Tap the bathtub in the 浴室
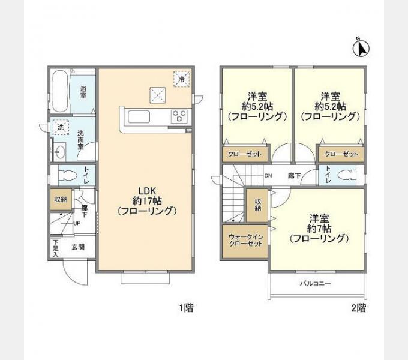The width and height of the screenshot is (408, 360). click(61, 91)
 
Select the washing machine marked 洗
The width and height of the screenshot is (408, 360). click(61, 127)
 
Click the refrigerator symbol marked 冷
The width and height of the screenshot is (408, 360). click(182, 79)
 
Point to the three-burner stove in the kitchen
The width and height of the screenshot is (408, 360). click(179, 116)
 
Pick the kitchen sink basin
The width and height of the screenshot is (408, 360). click(139, 117)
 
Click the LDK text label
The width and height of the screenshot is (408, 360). click(147, 191)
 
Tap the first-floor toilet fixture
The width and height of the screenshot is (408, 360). click(68, 175)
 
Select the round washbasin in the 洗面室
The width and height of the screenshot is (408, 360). click(60, 152)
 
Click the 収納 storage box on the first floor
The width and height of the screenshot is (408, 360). click(61, 200)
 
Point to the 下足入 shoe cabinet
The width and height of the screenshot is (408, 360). click(55, 248)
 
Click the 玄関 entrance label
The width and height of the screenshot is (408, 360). click(78, 247)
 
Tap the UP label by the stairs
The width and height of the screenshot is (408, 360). click(77, 223)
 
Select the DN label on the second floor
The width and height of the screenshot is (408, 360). click(268, 176)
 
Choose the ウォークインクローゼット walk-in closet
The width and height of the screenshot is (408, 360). click(245, 241)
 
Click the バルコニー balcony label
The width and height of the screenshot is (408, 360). click(316, 283)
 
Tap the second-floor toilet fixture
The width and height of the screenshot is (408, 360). click(347, 175)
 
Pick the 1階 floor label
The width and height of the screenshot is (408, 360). click(187, 308)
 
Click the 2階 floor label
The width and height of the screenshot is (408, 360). click(359, 308)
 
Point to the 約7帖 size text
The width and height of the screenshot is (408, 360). click(319, 229)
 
